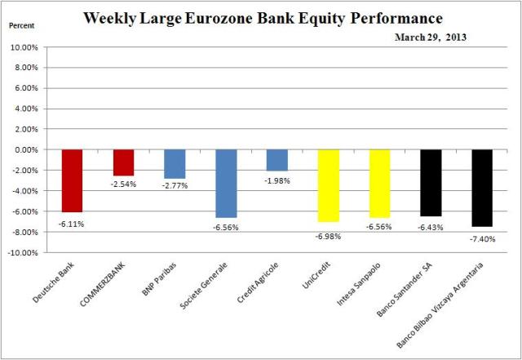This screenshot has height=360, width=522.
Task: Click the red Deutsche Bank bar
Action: (x=72, y=180)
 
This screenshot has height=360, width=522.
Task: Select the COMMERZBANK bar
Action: (x=123, y=162)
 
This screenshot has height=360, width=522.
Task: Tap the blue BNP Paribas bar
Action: (x=175, y=163)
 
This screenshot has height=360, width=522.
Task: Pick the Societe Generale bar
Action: (x=226, y=183)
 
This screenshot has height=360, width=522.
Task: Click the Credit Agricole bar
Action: (x=276, y=160)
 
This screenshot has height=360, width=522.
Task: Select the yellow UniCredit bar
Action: (x=328, y=185)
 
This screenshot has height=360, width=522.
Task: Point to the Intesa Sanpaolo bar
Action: (x=379, y=183)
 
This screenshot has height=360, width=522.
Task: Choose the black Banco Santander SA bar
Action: (x=431, y=182)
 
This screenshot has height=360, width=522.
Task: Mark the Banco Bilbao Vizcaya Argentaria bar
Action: (x=481, y=188)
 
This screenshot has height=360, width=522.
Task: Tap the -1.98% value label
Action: (x=277, y=181)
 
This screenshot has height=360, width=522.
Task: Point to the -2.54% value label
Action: (x=123, y=184)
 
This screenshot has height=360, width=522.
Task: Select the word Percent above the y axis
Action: (x=21, y=26)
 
